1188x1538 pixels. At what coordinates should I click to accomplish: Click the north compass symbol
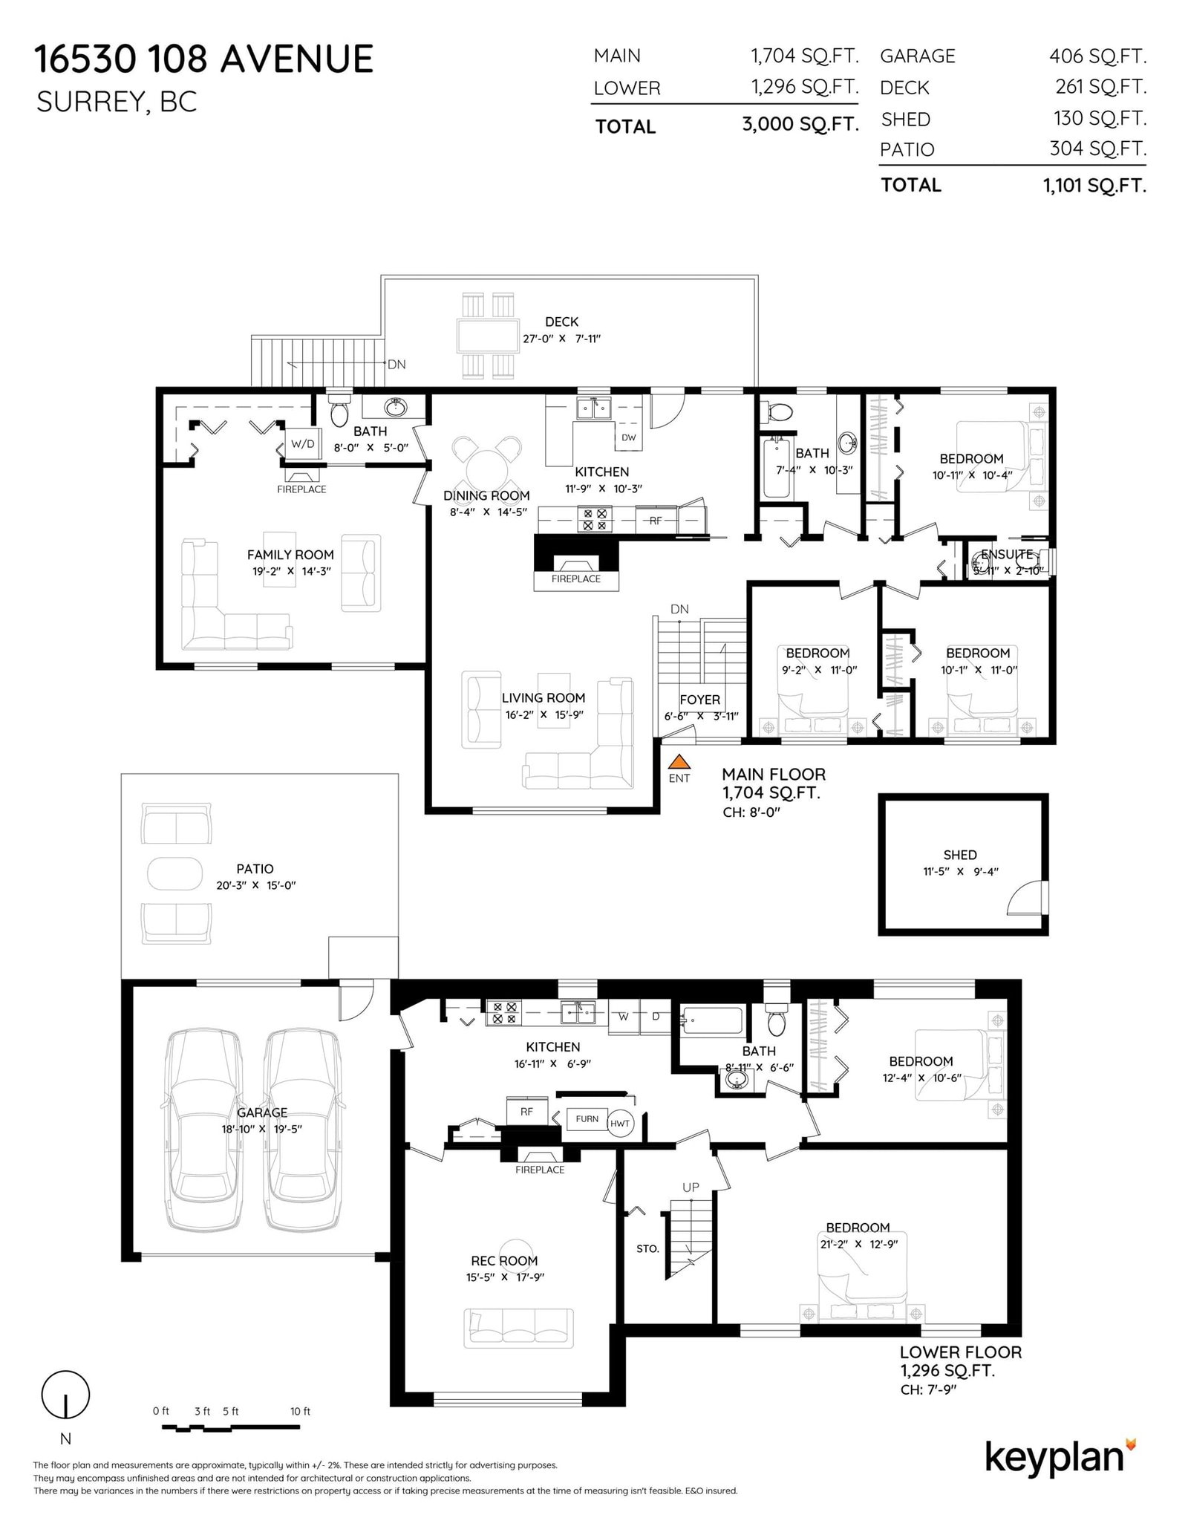pyautogui.click(x=65, y=1395)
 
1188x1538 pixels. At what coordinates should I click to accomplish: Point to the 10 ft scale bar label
pyautogui.click(x=301, y=1411)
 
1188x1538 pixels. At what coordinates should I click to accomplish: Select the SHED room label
pyautogui.click(x=960, y=855)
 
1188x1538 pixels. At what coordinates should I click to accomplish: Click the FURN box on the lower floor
pyautogui.click(x=587, y=1119)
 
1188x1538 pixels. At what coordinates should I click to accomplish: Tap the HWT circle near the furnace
pyautogui.click(x=620, y=1123)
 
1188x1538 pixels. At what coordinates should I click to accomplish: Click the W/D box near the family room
pyautogui.click(x=302, y=444)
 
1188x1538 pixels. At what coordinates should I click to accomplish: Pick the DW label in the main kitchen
pyautogui.click(x=629, y=437)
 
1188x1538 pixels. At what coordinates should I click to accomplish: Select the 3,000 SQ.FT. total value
pyautogui.click(x=800, y=124)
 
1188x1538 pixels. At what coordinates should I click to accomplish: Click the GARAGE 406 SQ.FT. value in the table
pyautogui.click(x=1097, y=56)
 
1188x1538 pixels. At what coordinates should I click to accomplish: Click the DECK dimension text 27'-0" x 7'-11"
pyautogui.click(x=561, y=339)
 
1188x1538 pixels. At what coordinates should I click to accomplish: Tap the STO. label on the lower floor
pyautogui.click(x=647, y=1249)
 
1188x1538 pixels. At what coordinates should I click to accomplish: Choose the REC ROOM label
pyautogui.click(x=504, y=1260)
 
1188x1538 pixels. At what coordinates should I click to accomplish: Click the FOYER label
pyautogui.click(x=699, y=700)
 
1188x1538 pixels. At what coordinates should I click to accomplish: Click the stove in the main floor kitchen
pyautogui.click(x=595, y=518)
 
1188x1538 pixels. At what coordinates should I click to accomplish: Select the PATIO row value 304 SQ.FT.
pyautogui.click(x=1097, y=149)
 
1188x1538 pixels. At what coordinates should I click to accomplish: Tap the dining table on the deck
pyautogui.click(x=487, y=336)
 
